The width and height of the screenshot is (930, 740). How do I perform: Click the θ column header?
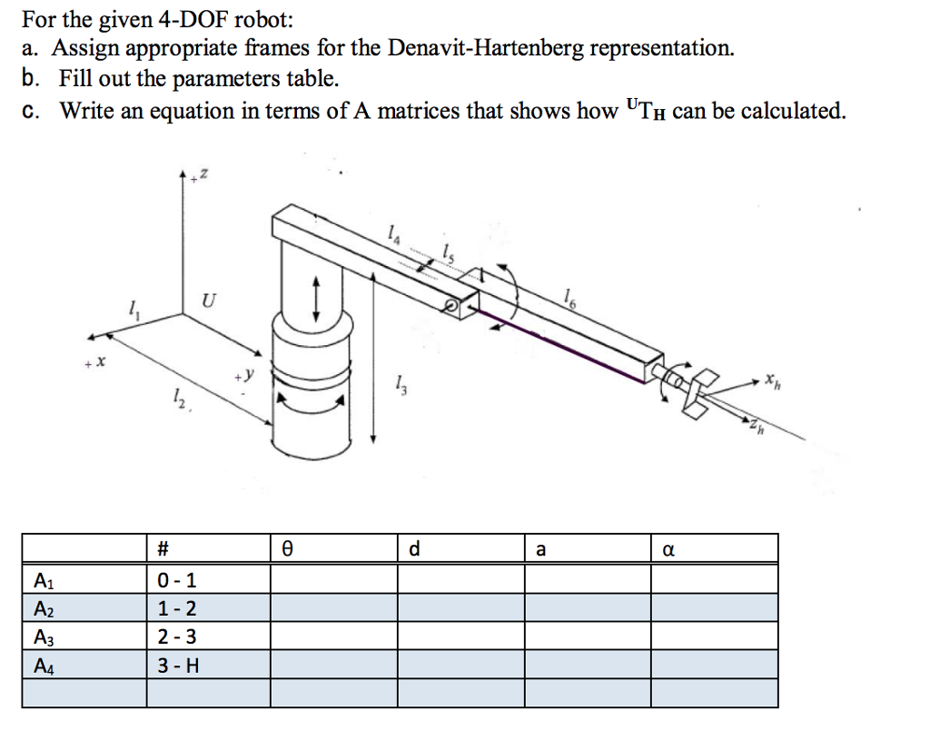point(286,548)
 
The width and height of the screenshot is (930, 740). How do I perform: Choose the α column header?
point(669,548)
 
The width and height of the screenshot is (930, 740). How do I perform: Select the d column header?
point(414,548)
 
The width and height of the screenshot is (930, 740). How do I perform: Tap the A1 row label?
point(43,579)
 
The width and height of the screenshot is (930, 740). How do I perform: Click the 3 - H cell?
point(177,666)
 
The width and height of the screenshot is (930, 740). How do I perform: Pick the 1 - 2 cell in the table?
point(176,607)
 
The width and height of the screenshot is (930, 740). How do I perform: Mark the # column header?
point(163,548)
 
